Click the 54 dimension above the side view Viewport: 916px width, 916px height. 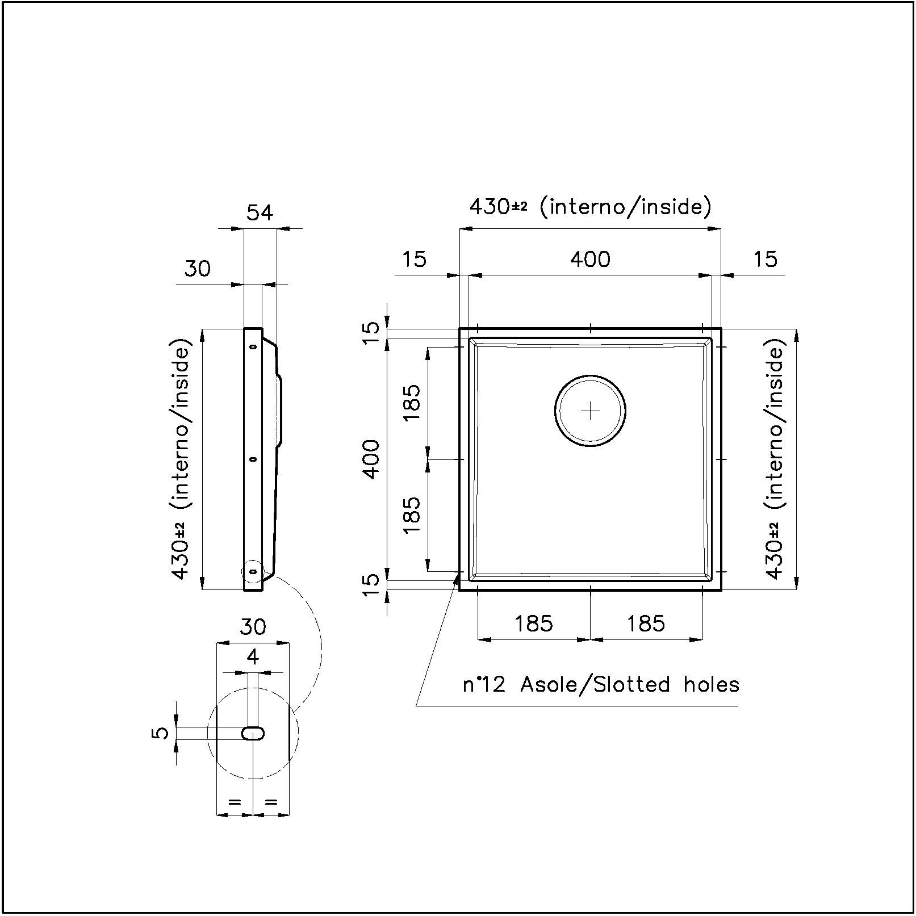(260, 212)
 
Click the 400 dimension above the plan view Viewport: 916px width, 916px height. (591, 260)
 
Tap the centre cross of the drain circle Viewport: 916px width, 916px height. (591, 410)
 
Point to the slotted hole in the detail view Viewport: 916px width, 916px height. (253, 733)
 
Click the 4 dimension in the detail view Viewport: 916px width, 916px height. (253, 657)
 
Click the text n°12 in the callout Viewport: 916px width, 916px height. (483, 684)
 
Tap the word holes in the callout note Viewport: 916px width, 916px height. (712, 684)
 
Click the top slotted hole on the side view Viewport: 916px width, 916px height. (253, 346)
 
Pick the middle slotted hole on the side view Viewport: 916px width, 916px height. (253, 459)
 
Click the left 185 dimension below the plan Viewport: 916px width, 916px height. (534, 624)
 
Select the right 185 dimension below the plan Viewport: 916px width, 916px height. (646, 624)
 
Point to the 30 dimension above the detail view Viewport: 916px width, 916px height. (253, 628)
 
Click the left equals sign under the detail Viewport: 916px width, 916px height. (235, 802)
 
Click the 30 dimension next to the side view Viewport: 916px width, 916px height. (197, 268)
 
